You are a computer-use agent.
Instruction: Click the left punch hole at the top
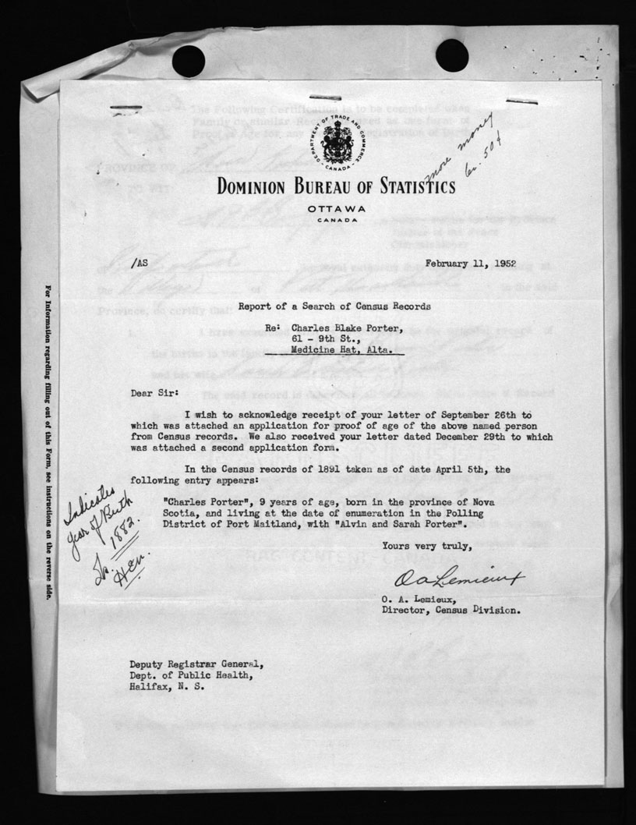[188, 60]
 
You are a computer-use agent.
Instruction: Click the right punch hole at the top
[452, 55]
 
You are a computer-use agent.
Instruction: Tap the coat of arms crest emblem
[337, 143]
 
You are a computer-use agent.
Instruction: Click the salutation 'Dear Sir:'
[155, 395]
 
